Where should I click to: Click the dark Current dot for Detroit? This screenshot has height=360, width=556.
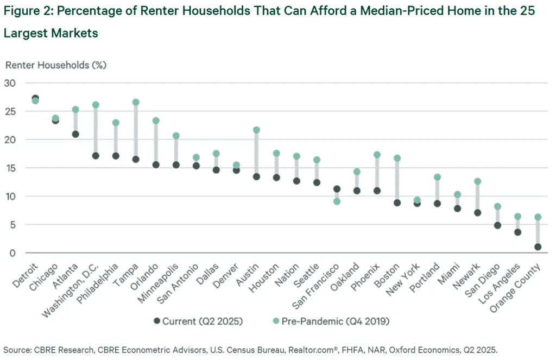[x=35, y=98]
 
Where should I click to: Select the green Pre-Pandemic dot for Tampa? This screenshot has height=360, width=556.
[x=136, y=102]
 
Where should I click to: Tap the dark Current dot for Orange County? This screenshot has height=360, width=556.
[x=538, y=247]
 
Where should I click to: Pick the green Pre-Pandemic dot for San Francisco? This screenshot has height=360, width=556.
[x=337, y=201]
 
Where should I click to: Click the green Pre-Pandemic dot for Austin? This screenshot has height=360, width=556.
[x=256, y=130]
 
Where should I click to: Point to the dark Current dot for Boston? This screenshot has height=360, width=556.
[x=397, y=203]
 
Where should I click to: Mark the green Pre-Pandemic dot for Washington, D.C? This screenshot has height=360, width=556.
[x=96, y=105]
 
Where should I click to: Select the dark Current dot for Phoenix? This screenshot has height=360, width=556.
[x=377, y=191]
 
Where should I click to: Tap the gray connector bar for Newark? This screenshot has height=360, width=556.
[x=477, y=197]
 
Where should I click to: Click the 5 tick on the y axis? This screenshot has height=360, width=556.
[x=12, y=225]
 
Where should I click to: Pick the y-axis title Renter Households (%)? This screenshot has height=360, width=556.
[x=56, y=65]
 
